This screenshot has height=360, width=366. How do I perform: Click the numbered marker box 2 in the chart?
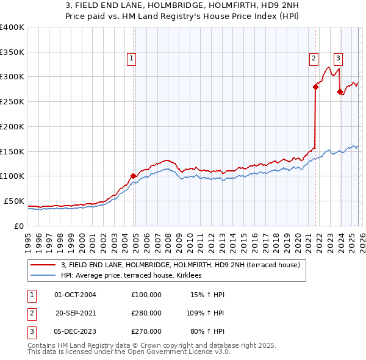click(x=314, y=59)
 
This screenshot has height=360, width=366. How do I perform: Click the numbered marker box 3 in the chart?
click(x=338, y=59)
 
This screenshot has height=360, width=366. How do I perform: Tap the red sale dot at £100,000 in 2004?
click(x=133, y=176)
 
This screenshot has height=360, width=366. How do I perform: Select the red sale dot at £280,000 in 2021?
click(x=316, y=87)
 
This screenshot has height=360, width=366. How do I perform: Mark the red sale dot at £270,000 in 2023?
click(x=340, y=92)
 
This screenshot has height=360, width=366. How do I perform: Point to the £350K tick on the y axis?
click(x=12, y=52)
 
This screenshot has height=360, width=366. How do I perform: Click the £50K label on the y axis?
click(x=14, y=201)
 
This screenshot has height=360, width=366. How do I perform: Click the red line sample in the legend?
click(x=43, y=265)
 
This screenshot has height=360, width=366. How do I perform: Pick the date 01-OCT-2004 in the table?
click(x=75, y=295)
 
